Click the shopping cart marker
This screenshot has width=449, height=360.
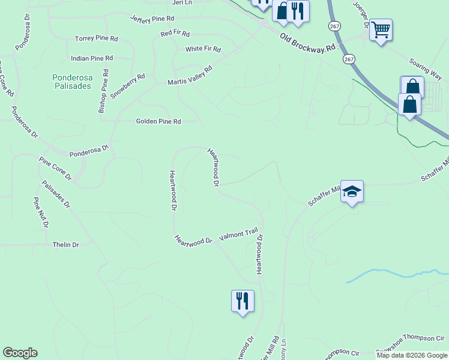381,29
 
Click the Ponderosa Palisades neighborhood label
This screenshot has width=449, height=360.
71,82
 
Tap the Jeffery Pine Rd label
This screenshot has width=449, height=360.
156,20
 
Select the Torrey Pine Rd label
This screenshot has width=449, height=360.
97,38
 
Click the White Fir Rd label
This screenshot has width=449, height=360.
203,49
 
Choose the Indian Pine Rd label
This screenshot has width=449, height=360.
92,59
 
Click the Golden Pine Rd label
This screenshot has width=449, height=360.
158,121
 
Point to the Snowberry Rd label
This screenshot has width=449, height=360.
128,86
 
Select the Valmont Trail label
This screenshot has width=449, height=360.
238,235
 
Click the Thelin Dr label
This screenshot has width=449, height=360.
66,245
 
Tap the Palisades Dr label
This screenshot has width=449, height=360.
56,194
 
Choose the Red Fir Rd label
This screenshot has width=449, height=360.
175,34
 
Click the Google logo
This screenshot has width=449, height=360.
20,353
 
